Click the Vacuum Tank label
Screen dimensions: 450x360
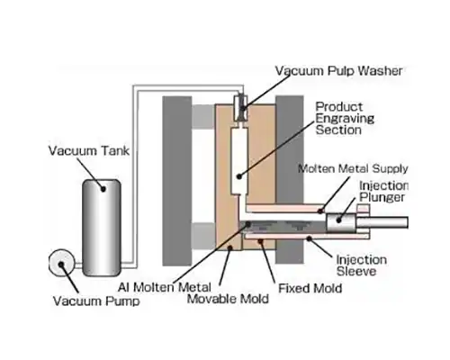click(89, 150)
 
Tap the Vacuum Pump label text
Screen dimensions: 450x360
click(96, 301)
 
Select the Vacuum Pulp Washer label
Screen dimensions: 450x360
click(339, 71)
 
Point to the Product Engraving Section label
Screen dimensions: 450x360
click(345, 118)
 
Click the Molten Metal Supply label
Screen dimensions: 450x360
click(353, 168)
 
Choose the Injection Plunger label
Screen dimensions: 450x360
click(383, 191)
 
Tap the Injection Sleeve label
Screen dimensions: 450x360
click(361, 265)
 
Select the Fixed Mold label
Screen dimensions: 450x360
click(310, 288)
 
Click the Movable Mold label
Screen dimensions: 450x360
click(228, 299)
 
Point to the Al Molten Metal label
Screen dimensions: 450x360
click(165, 287)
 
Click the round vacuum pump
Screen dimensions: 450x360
click(61, 263)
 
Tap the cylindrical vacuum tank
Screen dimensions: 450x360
click(102, 228)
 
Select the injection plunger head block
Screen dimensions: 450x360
click(341, 222)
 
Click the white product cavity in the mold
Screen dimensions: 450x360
click(239, 160)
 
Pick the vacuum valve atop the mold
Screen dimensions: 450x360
click(241, 107)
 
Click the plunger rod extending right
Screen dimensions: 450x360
click(382, 222)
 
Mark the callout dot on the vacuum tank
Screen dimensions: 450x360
click(103, 189)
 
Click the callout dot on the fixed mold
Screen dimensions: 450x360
click(261, 241)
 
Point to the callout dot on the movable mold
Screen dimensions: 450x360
click(229, 247)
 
